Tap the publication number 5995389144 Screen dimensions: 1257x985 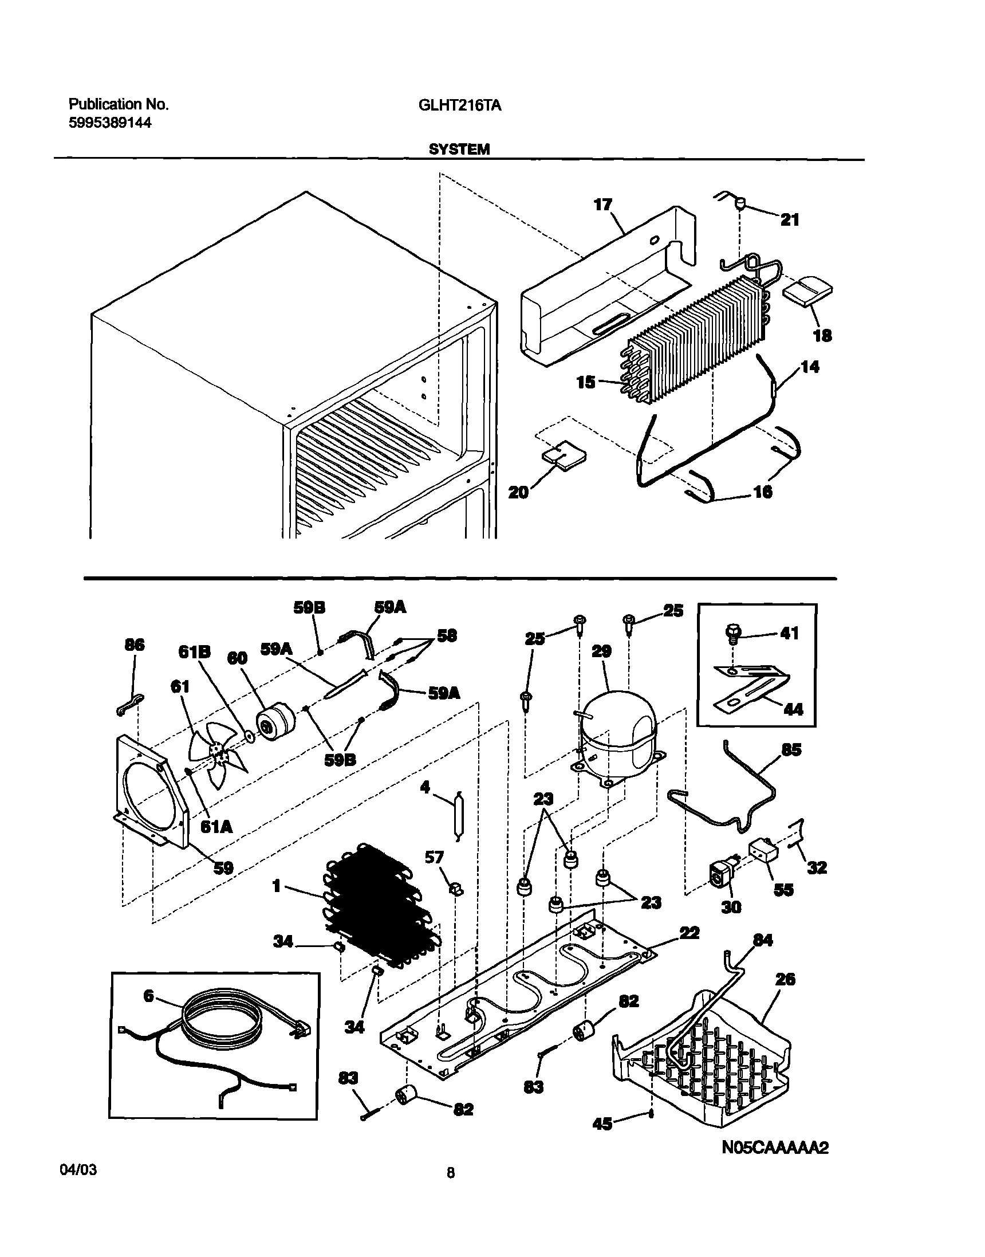[x=109, y=122]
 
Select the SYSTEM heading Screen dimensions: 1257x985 [x=459, y=150]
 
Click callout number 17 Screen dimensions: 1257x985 [x=602, y=205]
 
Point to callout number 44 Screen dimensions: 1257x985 [x=794, y=709]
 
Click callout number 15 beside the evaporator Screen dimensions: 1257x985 [x=586, y=382]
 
